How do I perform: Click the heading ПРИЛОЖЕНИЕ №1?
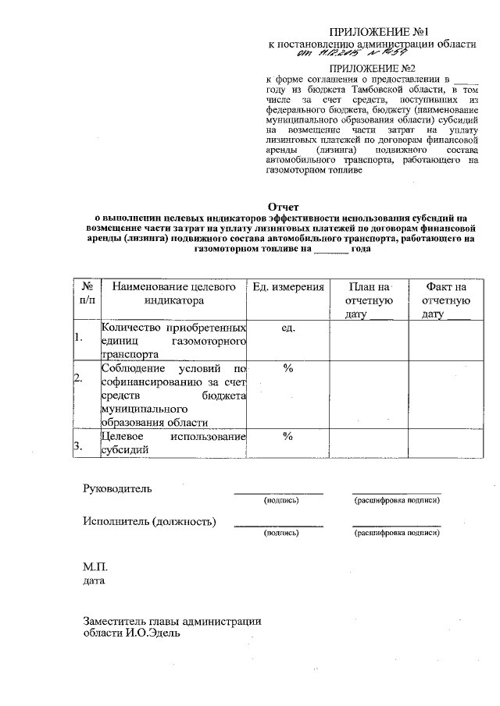click(x=380, y=32)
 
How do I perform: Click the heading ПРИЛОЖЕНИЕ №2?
click(x=380, y=69)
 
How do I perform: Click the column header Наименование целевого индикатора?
click(x=173, y=293)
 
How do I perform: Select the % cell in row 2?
click(x=287, y=367)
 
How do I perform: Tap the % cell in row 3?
click(x=287, y=435)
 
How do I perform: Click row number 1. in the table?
click(x=78, y=339)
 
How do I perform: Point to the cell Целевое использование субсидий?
click(x=173, y=442)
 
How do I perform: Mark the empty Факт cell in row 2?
click(x=446, y=394)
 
